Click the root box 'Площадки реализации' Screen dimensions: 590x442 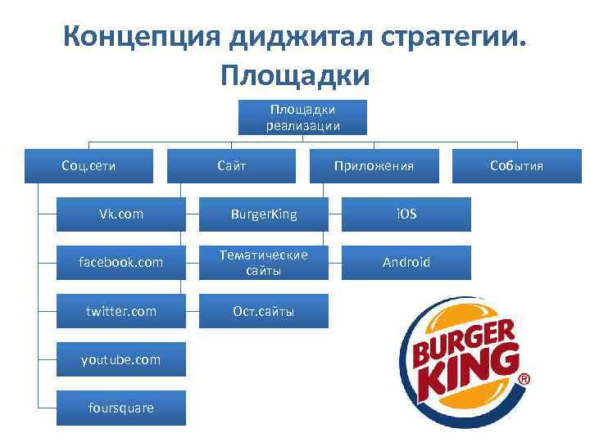click(302, 117)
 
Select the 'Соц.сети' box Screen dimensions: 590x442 click(88, 166)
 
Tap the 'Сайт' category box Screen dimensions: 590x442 click(231, 166)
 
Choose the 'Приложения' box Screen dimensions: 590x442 click(374, 166)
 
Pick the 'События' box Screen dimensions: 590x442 click(516, 166)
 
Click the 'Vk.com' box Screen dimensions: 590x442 click(121, 214)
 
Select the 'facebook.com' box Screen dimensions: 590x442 click(121, 263)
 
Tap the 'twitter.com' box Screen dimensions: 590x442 click(121, 311)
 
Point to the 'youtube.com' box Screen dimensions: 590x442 click(121, 359)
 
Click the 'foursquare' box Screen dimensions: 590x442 click(121, 408)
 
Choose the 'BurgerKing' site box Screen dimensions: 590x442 click(264, 214)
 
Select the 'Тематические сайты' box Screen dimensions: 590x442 click(264, 263)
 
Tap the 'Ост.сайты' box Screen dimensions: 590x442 click(264, 311)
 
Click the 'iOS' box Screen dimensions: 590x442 click(406, 214)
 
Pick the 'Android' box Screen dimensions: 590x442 click(406, 263)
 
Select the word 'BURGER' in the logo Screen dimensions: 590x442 click(463, 340)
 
